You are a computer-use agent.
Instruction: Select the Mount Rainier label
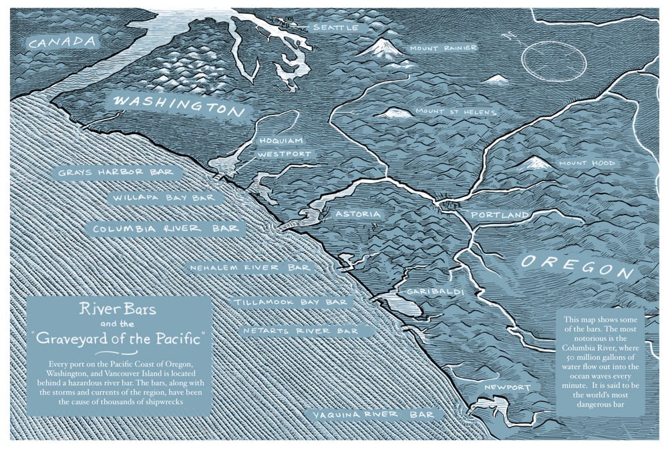tap(443, 48)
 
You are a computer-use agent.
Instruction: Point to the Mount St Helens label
tap(456, 112)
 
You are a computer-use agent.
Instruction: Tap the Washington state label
tap(179, 105)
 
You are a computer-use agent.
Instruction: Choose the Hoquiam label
tap(281, 141)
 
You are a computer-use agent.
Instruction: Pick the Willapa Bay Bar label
tap(164, 198)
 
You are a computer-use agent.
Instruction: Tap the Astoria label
tap(358, 215)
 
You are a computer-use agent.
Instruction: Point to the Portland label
tap(500, 215)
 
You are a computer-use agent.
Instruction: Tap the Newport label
tap(509, 388)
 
